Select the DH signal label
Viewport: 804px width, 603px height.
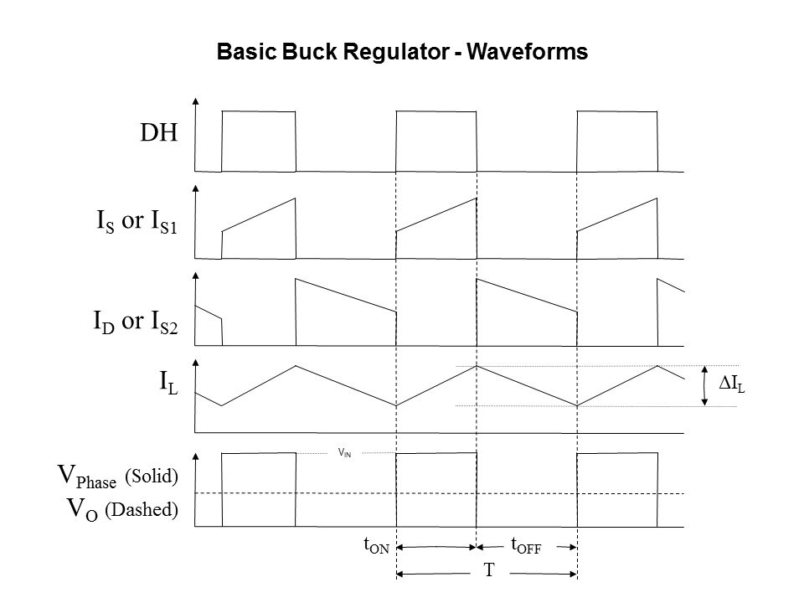pyautogui.click(x=159, y=134)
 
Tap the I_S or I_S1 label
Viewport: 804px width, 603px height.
pyautogui.click(x=137, y=225)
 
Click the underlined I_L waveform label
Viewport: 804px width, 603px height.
pyautogui.click(x=168, y=384)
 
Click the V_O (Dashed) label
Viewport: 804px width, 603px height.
pyautogui.click(x=122, y=508)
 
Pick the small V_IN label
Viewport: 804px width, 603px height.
pyautogui.click(x=344, y=452)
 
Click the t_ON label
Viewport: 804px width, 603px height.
pyautogui.click(x=376, y=546)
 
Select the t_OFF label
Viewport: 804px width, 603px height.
pyautogui.click(x=526, y=546)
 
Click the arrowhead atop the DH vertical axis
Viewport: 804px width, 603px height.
pyautogui.click(x=195, y=100)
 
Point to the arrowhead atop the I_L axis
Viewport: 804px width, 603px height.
pyautogui.click(x=195, y=363)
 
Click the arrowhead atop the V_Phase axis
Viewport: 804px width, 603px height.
pyautogui.click(x=195, y=456)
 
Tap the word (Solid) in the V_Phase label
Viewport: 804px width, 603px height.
pyautogui.click(x=152, y=477)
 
